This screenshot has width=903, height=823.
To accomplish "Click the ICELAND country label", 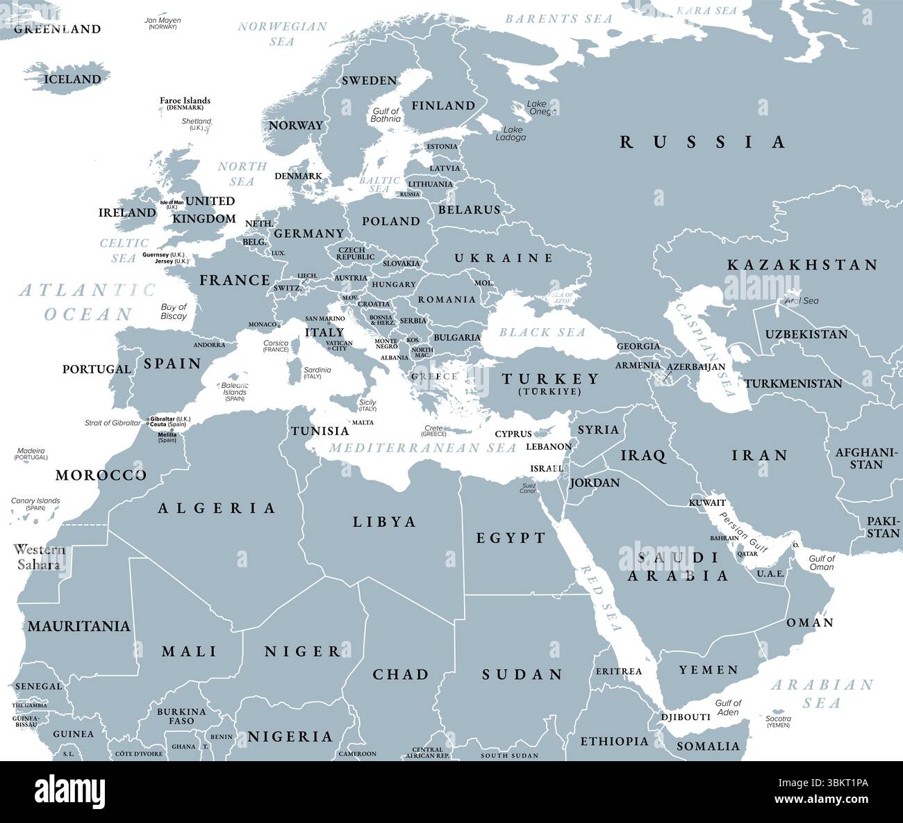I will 72,79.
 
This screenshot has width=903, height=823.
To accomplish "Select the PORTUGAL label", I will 97,369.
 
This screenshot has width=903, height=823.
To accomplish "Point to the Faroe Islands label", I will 185,101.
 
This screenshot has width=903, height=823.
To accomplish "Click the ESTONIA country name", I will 442,147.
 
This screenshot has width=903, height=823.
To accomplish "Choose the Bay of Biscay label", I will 174,311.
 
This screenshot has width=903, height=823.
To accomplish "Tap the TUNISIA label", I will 320,431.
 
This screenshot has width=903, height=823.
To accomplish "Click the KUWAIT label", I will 707,503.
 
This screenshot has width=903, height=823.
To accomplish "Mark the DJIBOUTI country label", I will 686,717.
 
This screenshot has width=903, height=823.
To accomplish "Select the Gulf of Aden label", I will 728,707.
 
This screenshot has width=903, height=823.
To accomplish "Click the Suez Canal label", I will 528,488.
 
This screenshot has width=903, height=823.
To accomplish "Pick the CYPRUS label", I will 513,434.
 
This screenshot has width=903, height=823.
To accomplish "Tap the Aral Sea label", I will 801,301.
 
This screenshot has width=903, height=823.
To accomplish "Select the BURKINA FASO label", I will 181,716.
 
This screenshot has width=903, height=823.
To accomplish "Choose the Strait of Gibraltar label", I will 113,423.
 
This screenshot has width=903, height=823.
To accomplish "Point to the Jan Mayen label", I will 163,21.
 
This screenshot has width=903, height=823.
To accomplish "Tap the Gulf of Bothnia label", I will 386,115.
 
